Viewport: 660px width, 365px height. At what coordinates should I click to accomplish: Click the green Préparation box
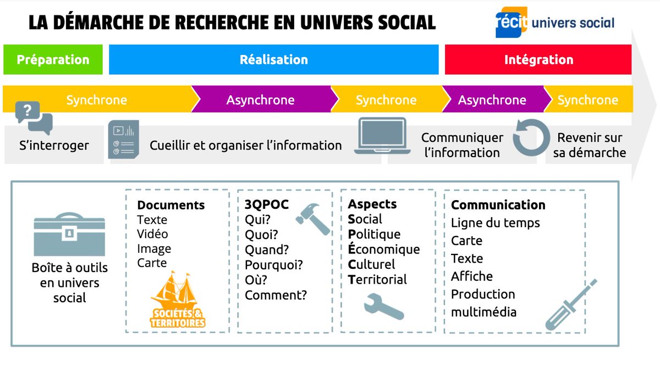click(53, 59)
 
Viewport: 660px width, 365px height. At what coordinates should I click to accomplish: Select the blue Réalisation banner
click(273, 59)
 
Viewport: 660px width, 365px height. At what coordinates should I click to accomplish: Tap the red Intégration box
click(538, 59)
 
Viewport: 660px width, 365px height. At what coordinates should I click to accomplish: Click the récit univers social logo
click(554, 23)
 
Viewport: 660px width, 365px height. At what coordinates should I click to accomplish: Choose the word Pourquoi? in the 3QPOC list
click(274, 265)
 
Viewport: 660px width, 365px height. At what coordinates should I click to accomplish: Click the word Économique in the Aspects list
click(383, 249)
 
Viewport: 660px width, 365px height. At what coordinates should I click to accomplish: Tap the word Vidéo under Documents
click(152, 234)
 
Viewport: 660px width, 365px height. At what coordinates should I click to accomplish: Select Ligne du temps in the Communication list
click(495, 223)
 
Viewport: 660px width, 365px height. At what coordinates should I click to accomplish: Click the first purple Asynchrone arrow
click(260, 100)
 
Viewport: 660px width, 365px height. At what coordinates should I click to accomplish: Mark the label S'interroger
click(52, 146)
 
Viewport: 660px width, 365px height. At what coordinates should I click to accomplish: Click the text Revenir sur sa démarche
click(589, 145)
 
